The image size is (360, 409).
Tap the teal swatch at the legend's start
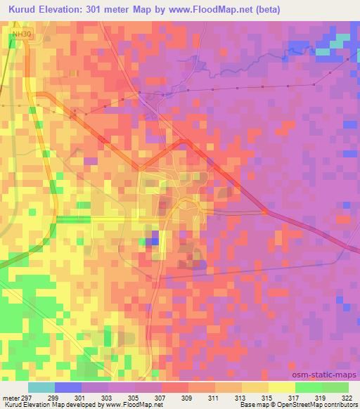pyautogui.click(x=41, y=387)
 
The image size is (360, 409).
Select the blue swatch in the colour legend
pyautogui.click(x=67, y=387)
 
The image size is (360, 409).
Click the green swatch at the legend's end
pyautogui.click(x=335, y=387)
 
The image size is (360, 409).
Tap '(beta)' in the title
pyautogui.click(x=287, y=9)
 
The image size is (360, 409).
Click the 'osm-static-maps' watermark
pyautogui.click(x=329, y=375)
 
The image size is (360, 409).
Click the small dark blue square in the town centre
pyautogui.click(x=154, y=242)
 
